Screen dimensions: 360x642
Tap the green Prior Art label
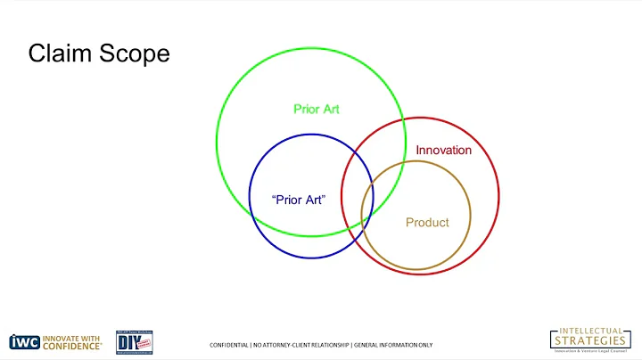point(317,110)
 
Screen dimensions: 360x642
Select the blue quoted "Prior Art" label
point(299,200)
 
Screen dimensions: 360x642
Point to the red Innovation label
point(444,150)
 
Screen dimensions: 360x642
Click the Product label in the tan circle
point(427,222)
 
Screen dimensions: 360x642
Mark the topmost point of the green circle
point(311,47)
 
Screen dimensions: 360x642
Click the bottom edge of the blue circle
point(310,258)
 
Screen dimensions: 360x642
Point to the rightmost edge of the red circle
point(499,197)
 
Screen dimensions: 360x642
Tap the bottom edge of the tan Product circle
point(416,269)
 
